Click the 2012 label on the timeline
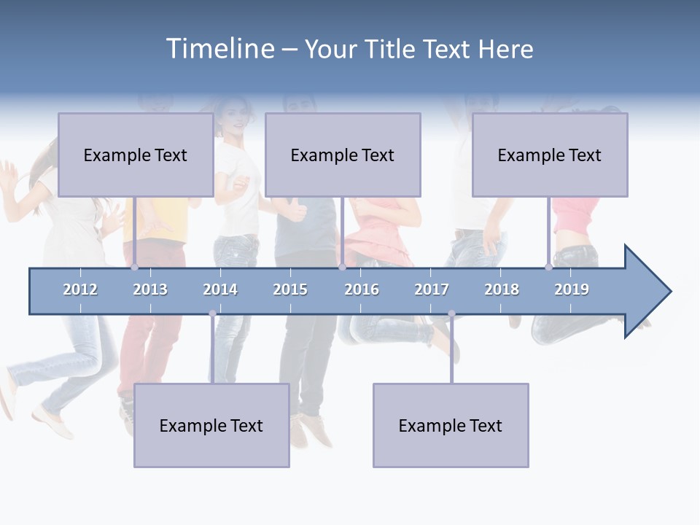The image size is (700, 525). pyautogui.click(x=80, y=289)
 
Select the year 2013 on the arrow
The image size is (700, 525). pyautogui.click(x=150, y=289)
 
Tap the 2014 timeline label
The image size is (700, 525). pyautogui.click(x=220, y=289)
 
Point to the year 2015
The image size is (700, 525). pyautogui.click(x=290, y=289)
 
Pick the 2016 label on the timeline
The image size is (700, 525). pyautogui.click(x=362, y=289)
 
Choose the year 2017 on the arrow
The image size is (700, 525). pyautogui.click(x=432, y=289)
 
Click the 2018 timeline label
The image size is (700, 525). pyautogui.click(x=502, y=289)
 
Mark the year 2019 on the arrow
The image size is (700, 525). pyautogui.click(x=572, y=289)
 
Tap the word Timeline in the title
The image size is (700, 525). pyautogui.click(x=219, y=49)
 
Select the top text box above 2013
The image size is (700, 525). pyautogui.click(x=136, y=155)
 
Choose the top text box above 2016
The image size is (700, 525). pyautogui.click(x=343, y=155)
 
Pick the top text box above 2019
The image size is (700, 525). pyautogui.click(x=550, y=155)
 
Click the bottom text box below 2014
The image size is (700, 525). pyautogui.click(x=211, y=425)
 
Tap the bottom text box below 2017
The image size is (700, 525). pyautogui.click(x=451, y=425)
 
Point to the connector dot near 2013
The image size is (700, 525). pyautogui.click(x=135, y=268)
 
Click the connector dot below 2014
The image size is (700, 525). pyautogui.click(x=212, y=314)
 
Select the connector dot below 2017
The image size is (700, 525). pyautogui.click(x=451, y=314)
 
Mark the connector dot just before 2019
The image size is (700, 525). pyautogui.click(x=549, y=268)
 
